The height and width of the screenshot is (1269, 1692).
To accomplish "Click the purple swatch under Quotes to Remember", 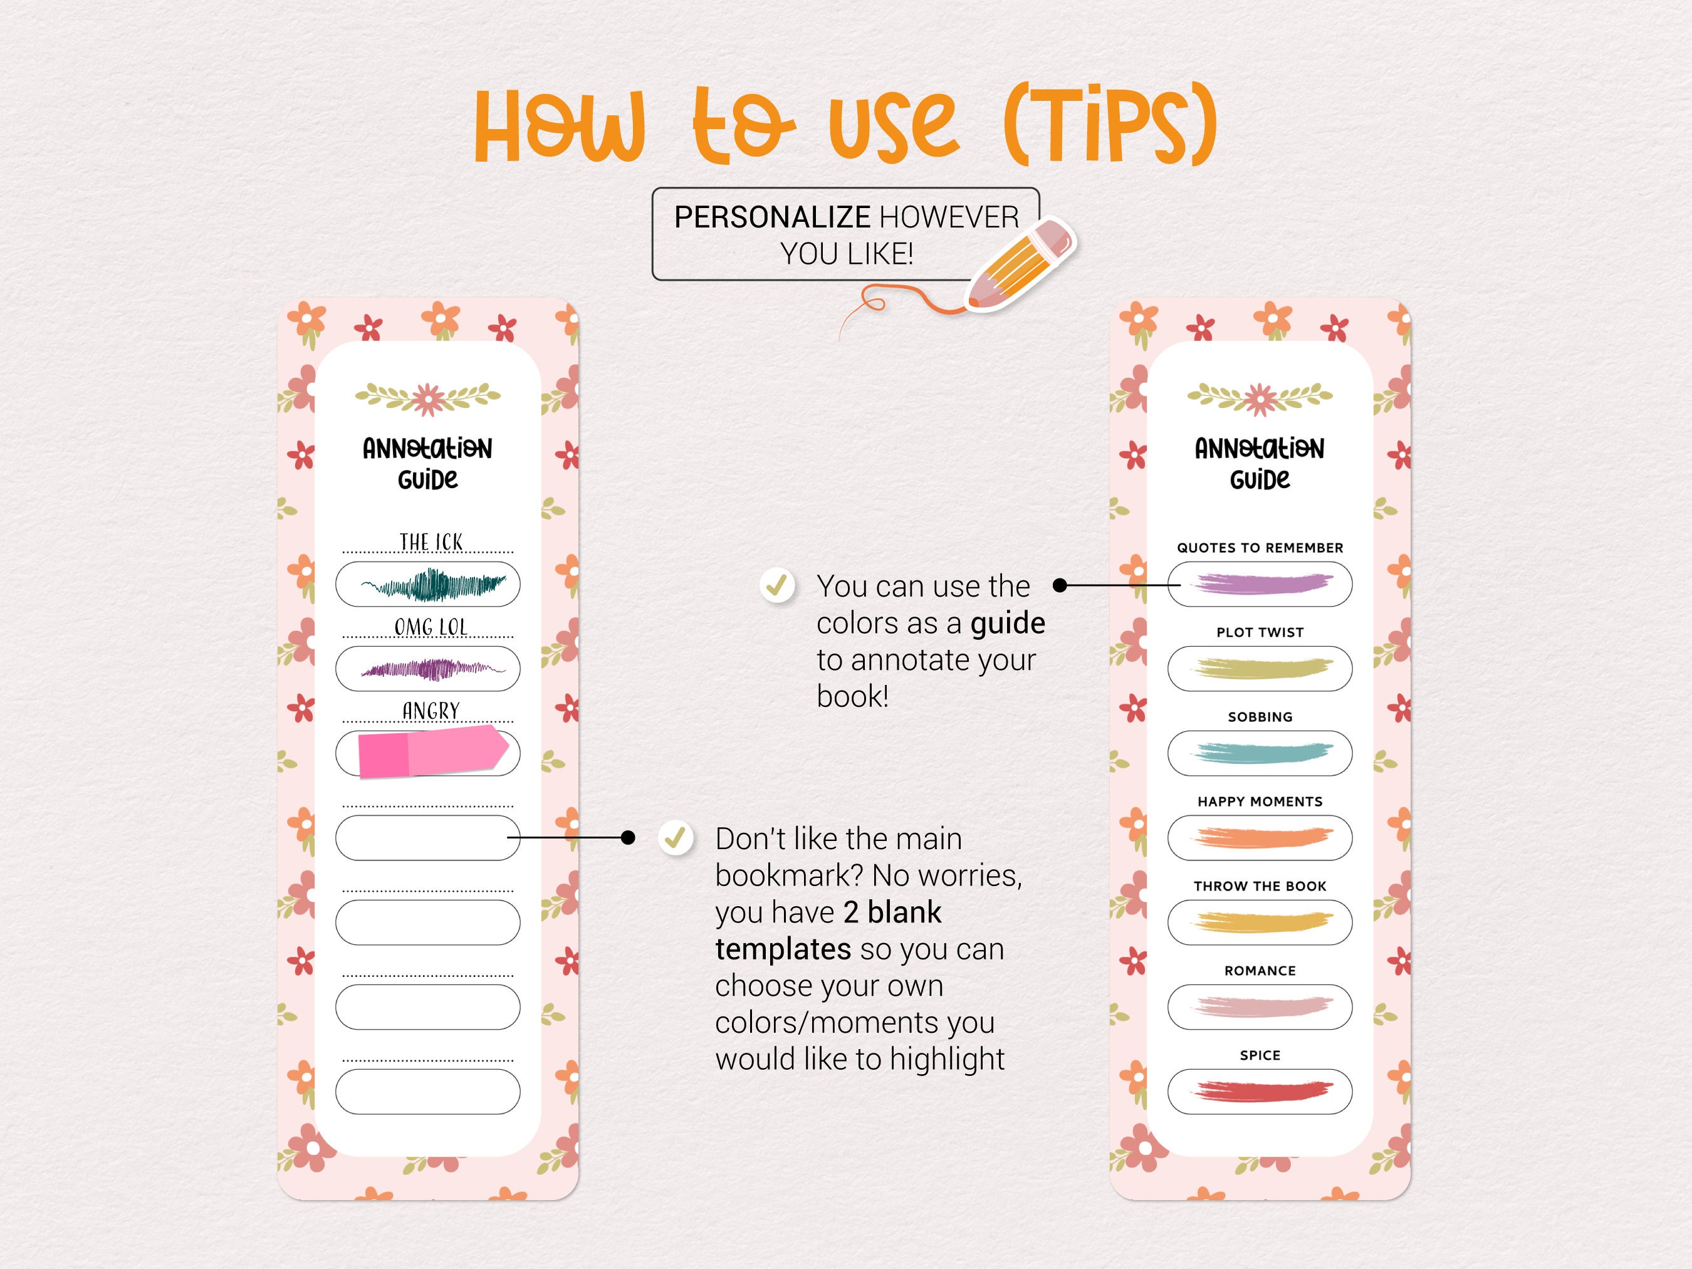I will [1261, 585].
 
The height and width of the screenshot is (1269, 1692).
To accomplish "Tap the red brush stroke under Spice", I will [1261, 1091].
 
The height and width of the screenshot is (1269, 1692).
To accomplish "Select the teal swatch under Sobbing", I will [1261, 753].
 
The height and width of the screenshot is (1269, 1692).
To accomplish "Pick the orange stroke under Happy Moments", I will [1261, 838].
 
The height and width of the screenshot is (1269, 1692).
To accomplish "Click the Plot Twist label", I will [1260, 632].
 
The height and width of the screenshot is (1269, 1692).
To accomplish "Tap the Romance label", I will [1260, 971].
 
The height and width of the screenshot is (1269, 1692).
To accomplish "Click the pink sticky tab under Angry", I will [432, 753].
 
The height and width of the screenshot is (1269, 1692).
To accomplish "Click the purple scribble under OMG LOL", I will [433, 670].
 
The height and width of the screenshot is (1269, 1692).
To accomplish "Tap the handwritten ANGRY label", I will [431, 711].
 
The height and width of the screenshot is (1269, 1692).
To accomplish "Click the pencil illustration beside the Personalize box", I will [1021, 264].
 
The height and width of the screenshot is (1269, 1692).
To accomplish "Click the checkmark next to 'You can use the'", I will [777, 585].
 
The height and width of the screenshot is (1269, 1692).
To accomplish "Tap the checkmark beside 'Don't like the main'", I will [676, 838].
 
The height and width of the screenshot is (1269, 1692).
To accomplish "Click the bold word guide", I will [1008, 624].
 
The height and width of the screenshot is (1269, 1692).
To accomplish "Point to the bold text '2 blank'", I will [892, 912].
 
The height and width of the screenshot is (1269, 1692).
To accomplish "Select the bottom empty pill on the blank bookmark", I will [427, 1092].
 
